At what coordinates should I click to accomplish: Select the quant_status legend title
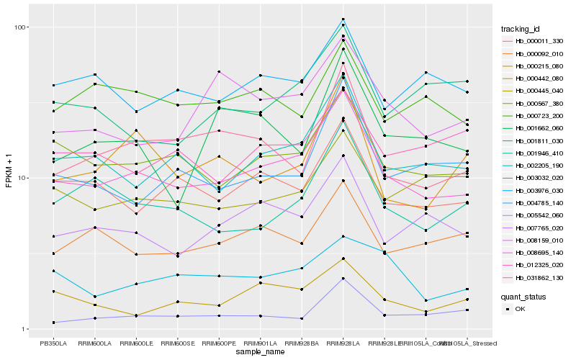tap(524, 297)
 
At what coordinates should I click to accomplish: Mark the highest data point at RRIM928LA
tap(343, 19)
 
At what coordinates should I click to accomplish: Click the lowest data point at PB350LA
tap(53, 322)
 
